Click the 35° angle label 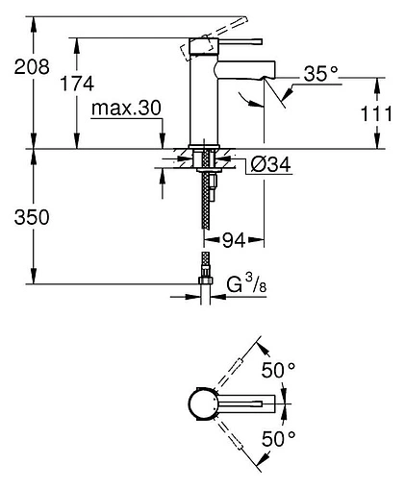coord(320,73)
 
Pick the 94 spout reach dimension coord(237,238)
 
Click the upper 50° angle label coord(280,369)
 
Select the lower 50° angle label coord(280,440)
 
